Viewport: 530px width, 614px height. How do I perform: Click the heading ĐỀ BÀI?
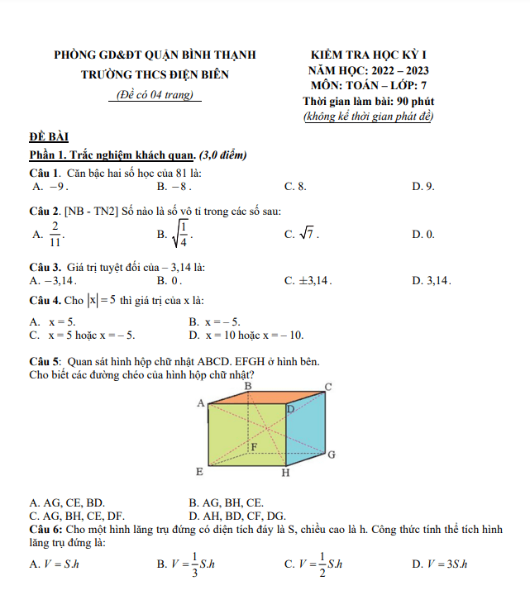click(49, 136)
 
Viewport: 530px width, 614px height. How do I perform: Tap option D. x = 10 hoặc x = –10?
click(246, 335)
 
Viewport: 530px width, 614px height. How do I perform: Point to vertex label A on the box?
click(199, 403)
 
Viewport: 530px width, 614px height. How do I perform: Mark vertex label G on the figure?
click(331, 455)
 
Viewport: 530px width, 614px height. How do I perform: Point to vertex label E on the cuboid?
click(198, 472)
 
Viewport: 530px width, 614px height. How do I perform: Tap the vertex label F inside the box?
click(254, 446)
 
